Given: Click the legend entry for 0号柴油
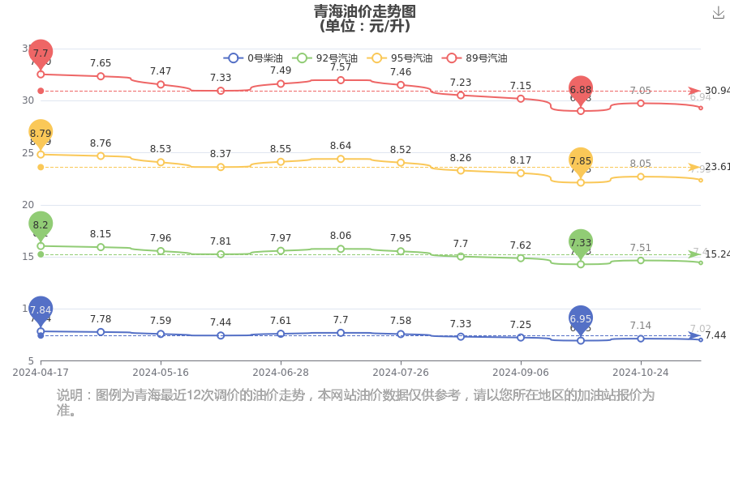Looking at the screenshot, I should pyautogui.click(x=253, y=58).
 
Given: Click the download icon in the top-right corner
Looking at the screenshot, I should pyautogui.click(x=718, y=13).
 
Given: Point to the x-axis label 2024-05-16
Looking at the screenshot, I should pyautogui.click(x=161, y=373).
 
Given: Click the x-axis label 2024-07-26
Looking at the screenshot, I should pyautogui.click(x=401, y=373).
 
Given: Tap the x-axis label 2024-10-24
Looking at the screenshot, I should pyautogui.click(x=640, y=373).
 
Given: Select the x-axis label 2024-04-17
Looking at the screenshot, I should pyautogui.click(x=41, y=373).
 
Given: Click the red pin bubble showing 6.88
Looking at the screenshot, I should pyautogui.click(x=581, y=89).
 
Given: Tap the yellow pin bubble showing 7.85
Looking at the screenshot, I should pyautogui.click(x=581, y=160).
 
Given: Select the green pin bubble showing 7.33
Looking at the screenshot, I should pyautogui.click(x=581, y=242).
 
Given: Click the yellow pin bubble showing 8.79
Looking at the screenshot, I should pyautogui.click(x=41, y=133).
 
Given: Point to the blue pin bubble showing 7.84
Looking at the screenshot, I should pyautogui.click(x=41, y=309).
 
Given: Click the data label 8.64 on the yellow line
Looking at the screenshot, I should pyautogui.click(x=341, y=146).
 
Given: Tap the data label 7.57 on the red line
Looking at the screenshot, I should pyautogui.click(x=341, y=67).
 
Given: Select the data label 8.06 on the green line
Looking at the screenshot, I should pyautogui.click(x=341, y=236).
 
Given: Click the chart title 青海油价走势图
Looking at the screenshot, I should pyautogui.click(x=365, y=11).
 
